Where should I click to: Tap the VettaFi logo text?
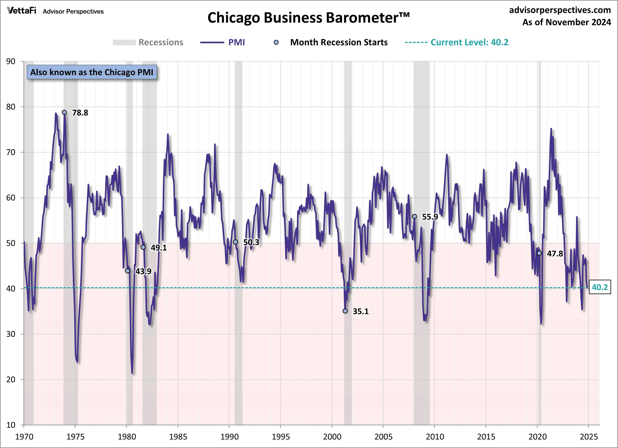[22, 11]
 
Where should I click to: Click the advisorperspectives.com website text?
[560, 10]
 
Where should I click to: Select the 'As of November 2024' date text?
[567, 22]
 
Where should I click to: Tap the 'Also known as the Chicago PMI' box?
[92, 72]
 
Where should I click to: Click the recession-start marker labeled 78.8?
[64, 112]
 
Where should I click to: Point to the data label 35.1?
[361, 311]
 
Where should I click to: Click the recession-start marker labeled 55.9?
[414, 216]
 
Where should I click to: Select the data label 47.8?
[555, 254]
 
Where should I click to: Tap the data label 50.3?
[251, 242]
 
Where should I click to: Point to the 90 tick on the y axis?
[11, 61]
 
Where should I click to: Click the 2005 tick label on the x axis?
[383, 437]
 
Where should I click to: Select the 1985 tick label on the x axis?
[178, 437]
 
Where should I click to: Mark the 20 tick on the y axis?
[11, 379]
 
